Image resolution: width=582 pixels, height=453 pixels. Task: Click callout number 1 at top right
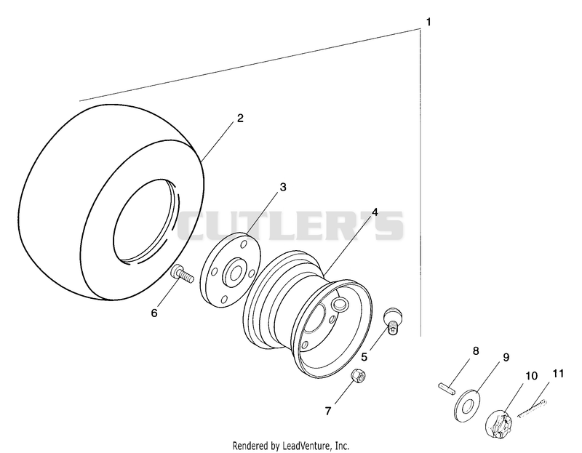[428, 23]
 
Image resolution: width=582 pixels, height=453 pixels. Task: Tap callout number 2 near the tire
[241, 119]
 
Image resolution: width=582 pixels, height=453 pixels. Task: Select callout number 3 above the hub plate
[283, 188]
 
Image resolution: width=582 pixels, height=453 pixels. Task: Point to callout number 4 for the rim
[375, 212]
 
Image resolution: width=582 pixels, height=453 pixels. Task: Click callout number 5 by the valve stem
[364, 357]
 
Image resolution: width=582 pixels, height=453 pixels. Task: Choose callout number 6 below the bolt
[154, 313]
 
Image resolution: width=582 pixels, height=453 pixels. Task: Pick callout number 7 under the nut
[328, 411]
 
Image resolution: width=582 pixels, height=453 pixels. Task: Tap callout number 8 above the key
[476, 350]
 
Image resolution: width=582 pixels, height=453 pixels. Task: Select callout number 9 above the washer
[506, 357]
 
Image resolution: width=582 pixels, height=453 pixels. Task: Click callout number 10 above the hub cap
[532, 376]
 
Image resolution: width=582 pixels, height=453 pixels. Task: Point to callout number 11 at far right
[558, 374]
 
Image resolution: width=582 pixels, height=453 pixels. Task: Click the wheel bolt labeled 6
[182, 275]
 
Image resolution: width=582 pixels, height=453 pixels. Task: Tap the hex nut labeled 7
[359, 376]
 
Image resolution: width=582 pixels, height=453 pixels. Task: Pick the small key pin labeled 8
[446, 389]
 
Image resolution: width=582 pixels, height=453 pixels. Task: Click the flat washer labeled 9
[467, 406]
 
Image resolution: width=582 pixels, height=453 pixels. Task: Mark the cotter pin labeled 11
[533, 408]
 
